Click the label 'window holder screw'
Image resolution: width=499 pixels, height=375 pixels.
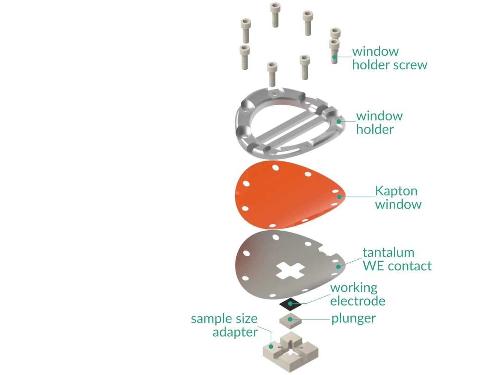pos(389,58)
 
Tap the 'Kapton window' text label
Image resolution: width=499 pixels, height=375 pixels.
pos(398,197)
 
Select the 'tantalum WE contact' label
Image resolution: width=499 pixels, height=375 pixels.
pos(397,259)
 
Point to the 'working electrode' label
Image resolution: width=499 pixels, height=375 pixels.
pos(357,294)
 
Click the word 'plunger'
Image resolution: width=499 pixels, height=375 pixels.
pos(353,318)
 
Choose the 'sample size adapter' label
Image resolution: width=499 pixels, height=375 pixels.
pos(225,325)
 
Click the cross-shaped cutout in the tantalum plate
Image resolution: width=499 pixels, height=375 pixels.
pos(290,270)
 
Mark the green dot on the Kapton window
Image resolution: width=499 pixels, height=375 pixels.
pos(339,196)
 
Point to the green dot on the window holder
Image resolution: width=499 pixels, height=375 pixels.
pos(339,121)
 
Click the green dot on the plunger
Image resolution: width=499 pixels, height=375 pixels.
pos(290,319)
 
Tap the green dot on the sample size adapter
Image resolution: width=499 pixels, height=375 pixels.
pos(271,346)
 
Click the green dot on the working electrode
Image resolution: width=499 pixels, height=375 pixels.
pos(290,303)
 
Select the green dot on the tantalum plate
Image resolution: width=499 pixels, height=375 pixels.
pos(338,267)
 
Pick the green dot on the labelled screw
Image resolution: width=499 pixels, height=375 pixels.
pos(335,57)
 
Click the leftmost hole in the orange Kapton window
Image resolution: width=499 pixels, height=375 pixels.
pos(246,183)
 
